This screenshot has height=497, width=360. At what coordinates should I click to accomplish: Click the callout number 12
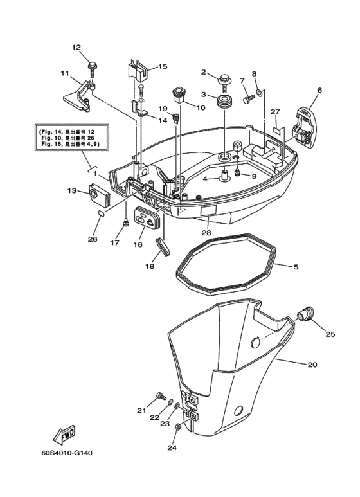pyautogui.click(x=76, y=47)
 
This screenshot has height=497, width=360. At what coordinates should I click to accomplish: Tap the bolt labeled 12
pyautogui.click(x=93, y=66)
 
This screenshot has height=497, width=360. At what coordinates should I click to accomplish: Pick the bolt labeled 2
pyautogui.click(x=224, y=80)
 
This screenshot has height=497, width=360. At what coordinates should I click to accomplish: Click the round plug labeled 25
pyautogui.click(x=305, y=314)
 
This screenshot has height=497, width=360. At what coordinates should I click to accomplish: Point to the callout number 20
pyautogui.click(x=312, y=365)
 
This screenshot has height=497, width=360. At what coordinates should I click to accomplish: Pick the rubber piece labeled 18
pyautogui.click(x=161, y=244)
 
